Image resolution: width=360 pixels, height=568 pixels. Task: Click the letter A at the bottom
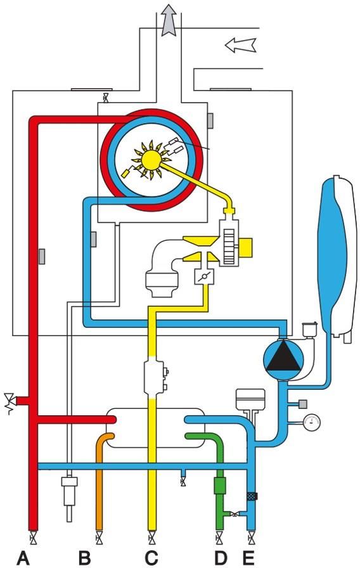pos(23,558)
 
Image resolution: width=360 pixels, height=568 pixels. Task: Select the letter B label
pos(85,558)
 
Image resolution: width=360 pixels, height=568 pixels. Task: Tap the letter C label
pos(151,558)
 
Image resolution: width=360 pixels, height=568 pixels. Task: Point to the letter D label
pos(221,558)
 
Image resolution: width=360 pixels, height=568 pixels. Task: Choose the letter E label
pos(248,558)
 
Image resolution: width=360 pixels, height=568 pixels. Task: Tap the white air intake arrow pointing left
pos(240,45)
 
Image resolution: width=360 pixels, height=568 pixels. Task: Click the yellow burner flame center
pos(151,159)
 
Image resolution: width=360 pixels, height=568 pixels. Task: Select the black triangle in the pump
pos(283,357)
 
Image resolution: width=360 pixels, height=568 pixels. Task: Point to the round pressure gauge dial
pos(312,422)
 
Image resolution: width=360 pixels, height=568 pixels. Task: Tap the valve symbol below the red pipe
pos(34,539)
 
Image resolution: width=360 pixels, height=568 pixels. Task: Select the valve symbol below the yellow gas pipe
pos(152,539)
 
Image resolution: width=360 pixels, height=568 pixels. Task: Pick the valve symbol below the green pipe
pos(219,539)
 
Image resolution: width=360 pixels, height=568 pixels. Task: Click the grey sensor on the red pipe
pos(42,257)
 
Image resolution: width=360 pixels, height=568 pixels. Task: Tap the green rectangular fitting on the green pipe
pos(220,486)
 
